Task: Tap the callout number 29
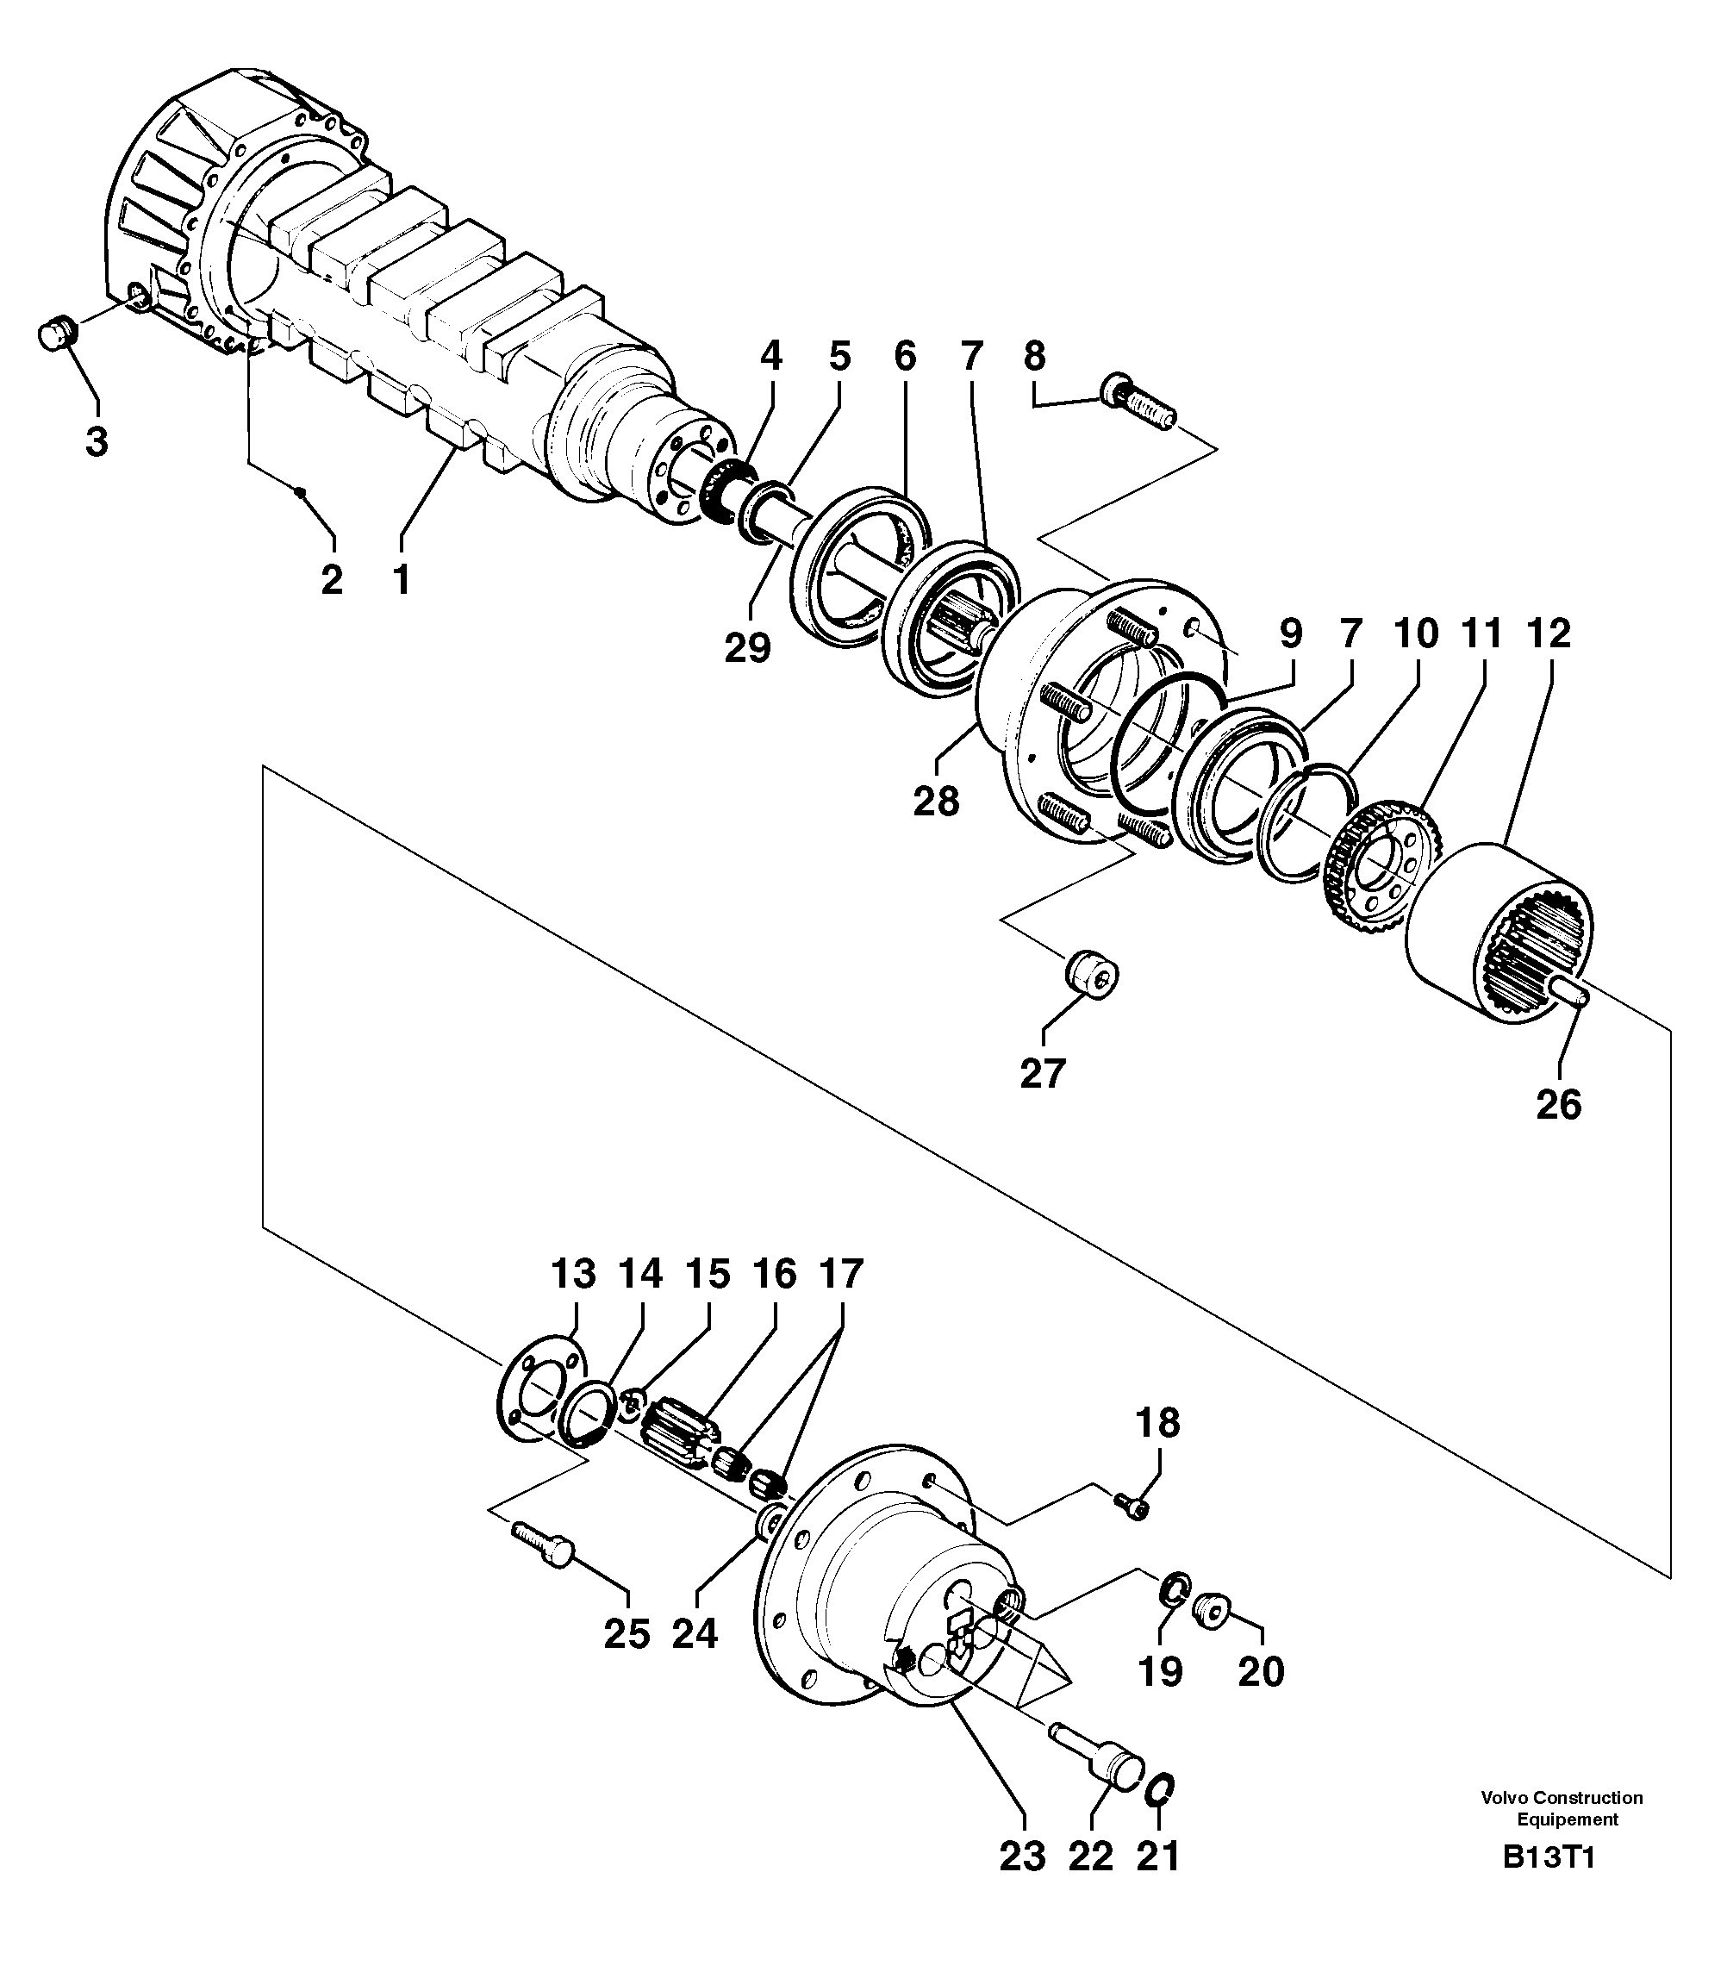pyautogui.click(x=748, y=646)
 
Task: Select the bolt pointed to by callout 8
pyautogui.click(x=1138, y=400)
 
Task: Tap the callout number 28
pyautogui.click(x=937, y=800)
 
